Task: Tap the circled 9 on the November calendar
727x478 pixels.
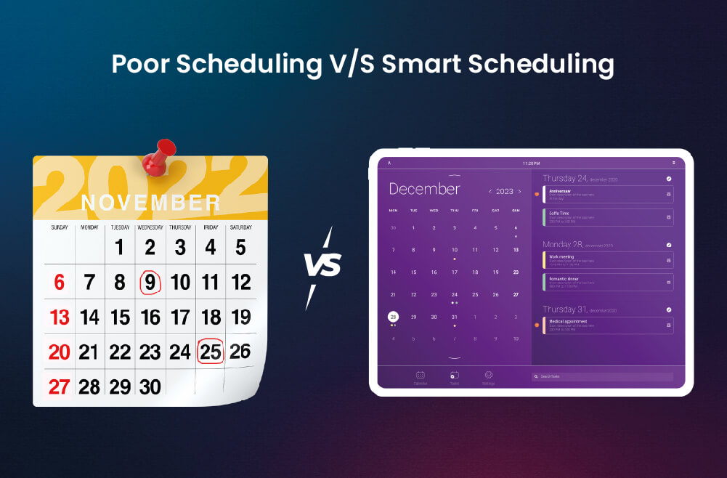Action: click(150, 282)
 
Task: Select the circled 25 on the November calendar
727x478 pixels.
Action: click(210, 352)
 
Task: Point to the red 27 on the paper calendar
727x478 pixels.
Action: click(58, 386)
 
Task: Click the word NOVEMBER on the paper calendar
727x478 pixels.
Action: click(150, 203)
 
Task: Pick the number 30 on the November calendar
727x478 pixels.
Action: click(150, 386)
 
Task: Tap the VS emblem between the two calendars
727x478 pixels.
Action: click(322, 266)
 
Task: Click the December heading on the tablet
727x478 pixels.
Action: click(424, 190)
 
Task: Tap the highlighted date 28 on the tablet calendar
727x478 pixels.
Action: click(393, 317)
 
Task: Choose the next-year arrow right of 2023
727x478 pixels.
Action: click(519, 192)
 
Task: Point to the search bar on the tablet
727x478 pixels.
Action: click(602, 377)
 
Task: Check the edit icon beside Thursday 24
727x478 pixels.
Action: click(669, 178)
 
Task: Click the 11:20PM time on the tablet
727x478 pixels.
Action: click(531, 163)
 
